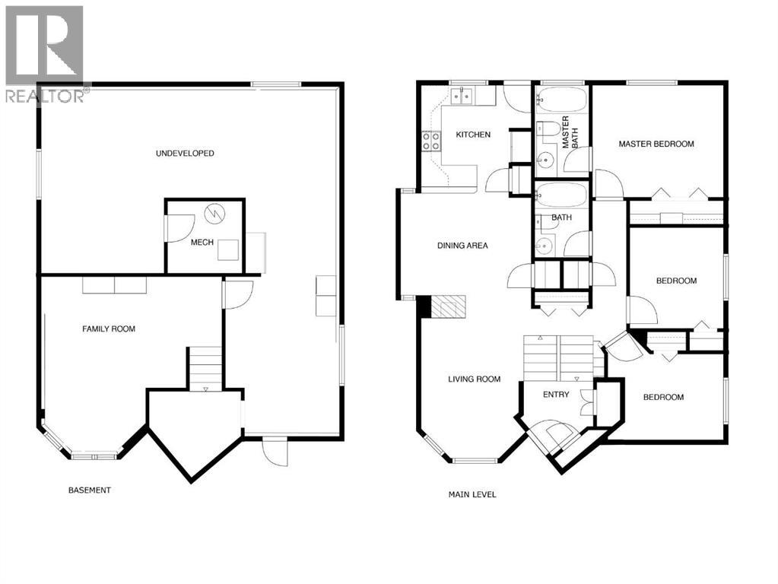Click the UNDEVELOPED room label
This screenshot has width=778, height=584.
185,153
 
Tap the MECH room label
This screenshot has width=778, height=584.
202,243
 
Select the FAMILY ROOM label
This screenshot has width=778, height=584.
109,328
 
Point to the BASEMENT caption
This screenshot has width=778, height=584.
89,490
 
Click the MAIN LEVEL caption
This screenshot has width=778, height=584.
472,494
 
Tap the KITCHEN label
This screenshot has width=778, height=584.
473,135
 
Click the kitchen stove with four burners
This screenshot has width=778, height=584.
432,140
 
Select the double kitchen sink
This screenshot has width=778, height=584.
462,96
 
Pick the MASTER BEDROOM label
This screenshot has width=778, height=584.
656,144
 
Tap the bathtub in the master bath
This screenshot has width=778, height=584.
561,99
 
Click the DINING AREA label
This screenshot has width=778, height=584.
462,246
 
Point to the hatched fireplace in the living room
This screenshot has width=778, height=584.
449,306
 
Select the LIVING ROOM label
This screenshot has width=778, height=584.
474,379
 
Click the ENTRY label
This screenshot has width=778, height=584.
555,394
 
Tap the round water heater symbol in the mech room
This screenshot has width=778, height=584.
215,213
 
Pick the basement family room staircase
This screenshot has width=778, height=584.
205,368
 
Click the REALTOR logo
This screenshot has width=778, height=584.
44,53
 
